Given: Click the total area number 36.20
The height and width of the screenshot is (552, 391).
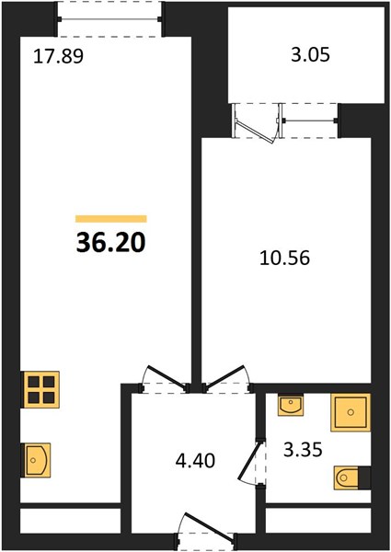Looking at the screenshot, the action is click(110, 243).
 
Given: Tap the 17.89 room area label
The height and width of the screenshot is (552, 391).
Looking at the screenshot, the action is click(58, 56).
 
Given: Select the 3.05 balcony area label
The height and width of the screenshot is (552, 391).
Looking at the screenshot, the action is click(310, 55).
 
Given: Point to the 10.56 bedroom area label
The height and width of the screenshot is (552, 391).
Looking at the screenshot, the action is click(284, 258).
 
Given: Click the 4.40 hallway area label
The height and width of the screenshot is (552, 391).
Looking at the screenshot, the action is click(195, 461).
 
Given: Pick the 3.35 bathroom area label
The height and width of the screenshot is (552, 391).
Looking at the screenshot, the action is click(303, 450).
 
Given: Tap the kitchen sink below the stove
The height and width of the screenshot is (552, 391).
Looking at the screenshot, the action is click(36, 460).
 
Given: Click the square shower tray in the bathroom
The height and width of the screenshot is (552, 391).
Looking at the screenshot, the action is click(351, 412).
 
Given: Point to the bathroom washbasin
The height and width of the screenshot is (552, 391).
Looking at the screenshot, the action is click(291, 405).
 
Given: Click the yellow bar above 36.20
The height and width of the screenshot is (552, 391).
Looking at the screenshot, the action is click(110, 219).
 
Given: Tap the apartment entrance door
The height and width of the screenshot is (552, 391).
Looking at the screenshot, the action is click(209, 525).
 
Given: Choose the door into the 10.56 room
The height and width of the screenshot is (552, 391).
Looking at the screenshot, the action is click(224, 377).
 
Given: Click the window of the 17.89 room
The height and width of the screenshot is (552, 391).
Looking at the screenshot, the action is click(109, 19).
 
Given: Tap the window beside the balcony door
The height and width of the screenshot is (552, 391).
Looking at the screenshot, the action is click(308, 121).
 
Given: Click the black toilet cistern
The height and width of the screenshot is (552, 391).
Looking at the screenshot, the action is click(364, 477).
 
